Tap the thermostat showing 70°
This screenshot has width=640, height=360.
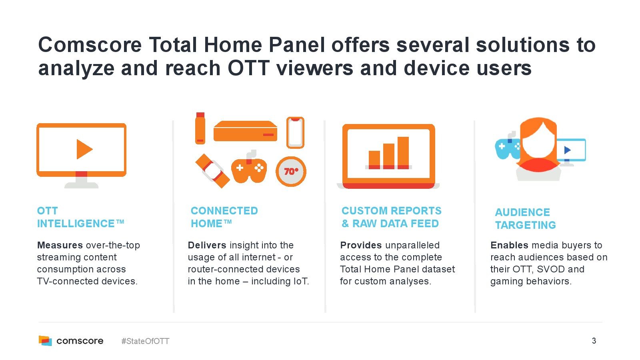tap(291, 172)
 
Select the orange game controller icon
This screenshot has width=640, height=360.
tap(249, 168)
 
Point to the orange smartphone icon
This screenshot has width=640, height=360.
tap(295, 132)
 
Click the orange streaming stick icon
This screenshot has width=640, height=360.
tap(200, 128)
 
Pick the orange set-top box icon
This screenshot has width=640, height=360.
tap(246, 131)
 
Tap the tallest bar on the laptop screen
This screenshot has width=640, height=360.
tap(403, 153)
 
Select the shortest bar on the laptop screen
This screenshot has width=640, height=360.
tap(374, 160)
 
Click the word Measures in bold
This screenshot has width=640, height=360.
tap(60, 245)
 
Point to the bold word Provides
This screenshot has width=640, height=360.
tap(361, 245)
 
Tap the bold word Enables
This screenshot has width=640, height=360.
tap(509, 245)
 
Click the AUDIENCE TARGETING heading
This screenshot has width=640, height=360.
tap(526, 218)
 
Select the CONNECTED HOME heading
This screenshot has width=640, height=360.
tap(224, 217)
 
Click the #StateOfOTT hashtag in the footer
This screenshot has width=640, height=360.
tap(145, 341)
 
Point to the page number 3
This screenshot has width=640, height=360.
tap(594, 340)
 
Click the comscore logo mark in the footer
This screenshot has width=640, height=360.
tap(45, 340)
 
